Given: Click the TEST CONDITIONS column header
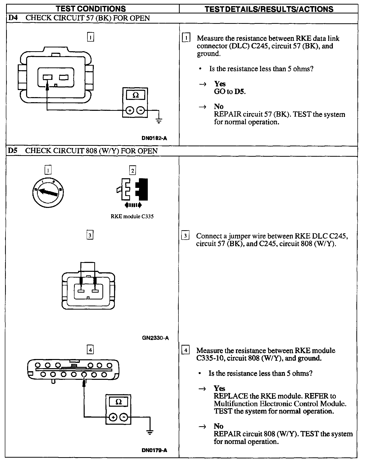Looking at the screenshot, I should point(91,9).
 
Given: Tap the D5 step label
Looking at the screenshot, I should point(13,151).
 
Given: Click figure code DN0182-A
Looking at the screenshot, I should point(154,138).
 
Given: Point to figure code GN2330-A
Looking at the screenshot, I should point(155,338).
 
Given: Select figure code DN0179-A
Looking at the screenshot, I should point(154,450).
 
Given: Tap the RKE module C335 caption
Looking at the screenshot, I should point(132,217).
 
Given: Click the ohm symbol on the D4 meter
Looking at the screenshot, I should point(136,95).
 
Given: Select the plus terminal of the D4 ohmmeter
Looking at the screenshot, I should point(130,111).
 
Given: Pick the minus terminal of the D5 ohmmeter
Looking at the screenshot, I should point(123,417).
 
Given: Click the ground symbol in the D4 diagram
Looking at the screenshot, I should point(159,121).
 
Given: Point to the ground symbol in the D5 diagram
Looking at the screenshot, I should point(150,433).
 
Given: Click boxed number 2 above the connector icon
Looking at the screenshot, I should point(133,171).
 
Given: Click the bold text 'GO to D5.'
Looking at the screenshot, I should point(230,92).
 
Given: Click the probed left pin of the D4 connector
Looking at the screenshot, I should point(47,77).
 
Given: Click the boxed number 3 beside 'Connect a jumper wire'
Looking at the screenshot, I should point(185,236).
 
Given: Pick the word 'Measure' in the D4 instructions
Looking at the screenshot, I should point(210,39).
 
